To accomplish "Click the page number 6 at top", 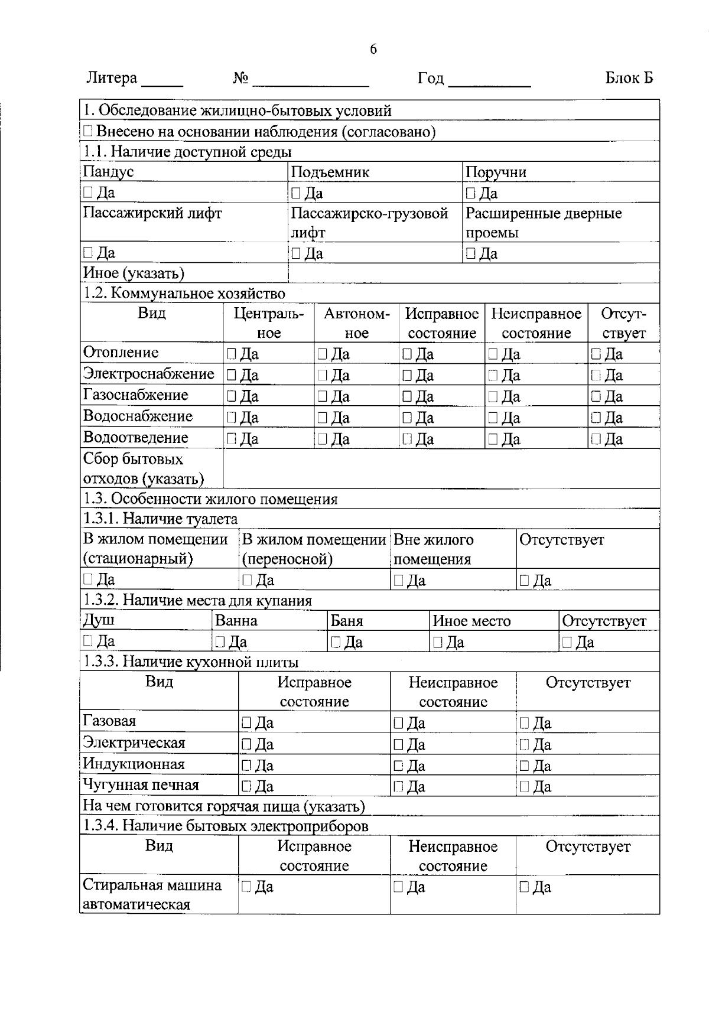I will (373, 50).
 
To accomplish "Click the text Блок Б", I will (629, 78).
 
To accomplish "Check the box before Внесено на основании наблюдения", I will (87, 131).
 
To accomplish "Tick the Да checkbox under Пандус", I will (88, 192).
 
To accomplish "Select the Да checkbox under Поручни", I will (470, 193).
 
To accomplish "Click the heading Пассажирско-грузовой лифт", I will (369, 222).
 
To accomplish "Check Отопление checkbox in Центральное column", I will (232, 354).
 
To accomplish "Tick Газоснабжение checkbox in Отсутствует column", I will (596, 396).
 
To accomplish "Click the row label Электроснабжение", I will (148, 374).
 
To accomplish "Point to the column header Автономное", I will (357, 323).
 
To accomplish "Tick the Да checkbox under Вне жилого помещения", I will (399, 581).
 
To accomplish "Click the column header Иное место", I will (471, 621).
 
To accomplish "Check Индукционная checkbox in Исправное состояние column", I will (246, 766).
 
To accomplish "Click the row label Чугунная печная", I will (141, 785).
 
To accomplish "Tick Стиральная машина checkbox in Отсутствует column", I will (524, 887).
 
